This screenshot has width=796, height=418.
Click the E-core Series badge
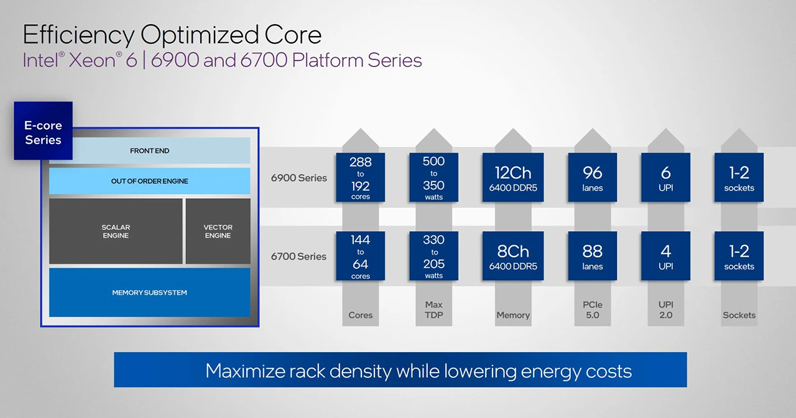pyautogui.click(x=43, y=132)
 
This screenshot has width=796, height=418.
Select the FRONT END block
pyautogui.click(x=149, y=151)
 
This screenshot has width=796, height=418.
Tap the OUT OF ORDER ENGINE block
pyautogui.click(x=149, y=181)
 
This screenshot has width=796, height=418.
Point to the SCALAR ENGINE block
pyautogui.click(x=116, y=231)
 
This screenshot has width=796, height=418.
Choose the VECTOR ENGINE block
pyautogui.click(x=218, y=231)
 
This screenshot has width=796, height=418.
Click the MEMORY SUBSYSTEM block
pyautogui.click(x=149, y=293)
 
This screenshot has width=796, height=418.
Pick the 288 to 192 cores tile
pyautogui.click(x=360, y=178)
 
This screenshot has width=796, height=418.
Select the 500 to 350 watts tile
pyautogui.click(x=433, y=178)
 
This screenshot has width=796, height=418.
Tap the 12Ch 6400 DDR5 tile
pyautogui.click(x=512, y=178)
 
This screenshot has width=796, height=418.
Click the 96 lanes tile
pyautogui.click(x=592, y=178)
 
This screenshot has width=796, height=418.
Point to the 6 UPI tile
pyautogui.click(x=665, y=178)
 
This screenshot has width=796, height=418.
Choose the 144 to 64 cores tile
pyautogui.click(x=360, y=256)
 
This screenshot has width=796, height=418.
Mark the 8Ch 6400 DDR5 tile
pyautogui.click(x=512, y=256)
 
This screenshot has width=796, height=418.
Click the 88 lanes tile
pyautogui.click(x=592, y=256)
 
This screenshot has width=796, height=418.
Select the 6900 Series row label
pyautogui.click(x=298, y=178)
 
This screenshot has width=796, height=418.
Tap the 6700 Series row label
pyautogui.click(x=298, y=257)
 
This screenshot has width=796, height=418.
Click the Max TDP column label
pyautogui.click(x=433, y=310)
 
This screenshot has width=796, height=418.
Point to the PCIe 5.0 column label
pyautogui.click(x=592, y=310)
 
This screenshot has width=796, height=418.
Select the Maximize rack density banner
pyautogui.click(x=400, y=371)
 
